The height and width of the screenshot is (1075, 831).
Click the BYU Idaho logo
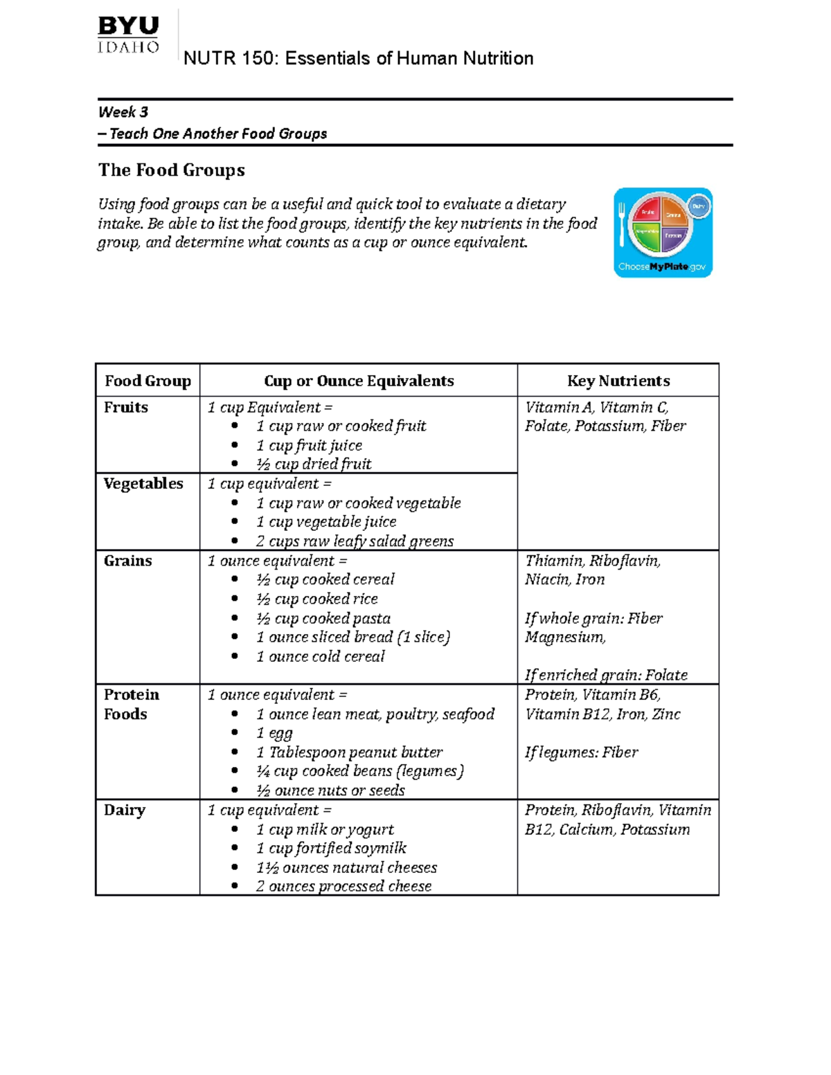(x=129, y=35)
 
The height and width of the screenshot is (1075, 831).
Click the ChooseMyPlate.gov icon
(x=663, y=233)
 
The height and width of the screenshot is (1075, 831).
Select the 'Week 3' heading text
(x=123, y=112)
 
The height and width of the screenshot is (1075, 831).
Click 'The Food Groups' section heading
(x=172, y=170)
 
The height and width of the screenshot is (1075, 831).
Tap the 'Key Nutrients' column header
(x=618, y=381)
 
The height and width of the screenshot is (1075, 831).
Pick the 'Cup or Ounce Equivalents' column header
(x=359, y=381)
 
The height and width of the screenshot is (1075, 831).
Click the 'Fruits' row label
(x=126, y=407)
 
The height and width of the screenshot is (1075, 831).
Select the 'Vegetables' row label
(x=143, y=484)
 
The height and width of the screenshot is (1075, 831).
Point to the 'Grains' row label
(x=128, y=561)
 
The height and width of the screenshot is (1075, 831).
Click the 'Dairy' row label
(x=125, y=810)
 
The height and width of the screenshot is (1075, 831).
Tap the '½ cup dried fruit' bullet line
(x=314, y=464)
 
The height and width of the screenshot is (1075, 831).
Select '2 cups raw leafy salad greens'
(x=355, y=541)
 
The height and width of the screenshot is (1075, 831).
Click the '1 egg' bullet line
(x=274, y=733)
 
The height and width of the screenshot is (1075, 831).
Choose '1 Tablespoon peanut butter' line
(x=349, y=752)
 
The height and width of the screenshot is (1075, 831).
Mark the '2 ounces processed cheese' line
(x=343, y=887)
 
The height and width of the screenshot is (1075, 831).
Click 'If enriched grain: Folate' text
(x=606, y=675)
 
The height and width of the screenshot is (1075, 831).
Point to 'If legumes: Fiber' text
(x=581, y=752)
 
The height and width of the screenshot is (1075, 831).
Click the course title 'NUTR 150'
(x=358, y=58)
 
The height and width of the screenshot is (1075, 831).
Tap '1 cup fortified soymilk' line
(x=331, y=849)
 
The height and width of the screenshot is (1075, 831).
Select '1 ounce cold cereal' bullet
(x=320, y=656)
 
